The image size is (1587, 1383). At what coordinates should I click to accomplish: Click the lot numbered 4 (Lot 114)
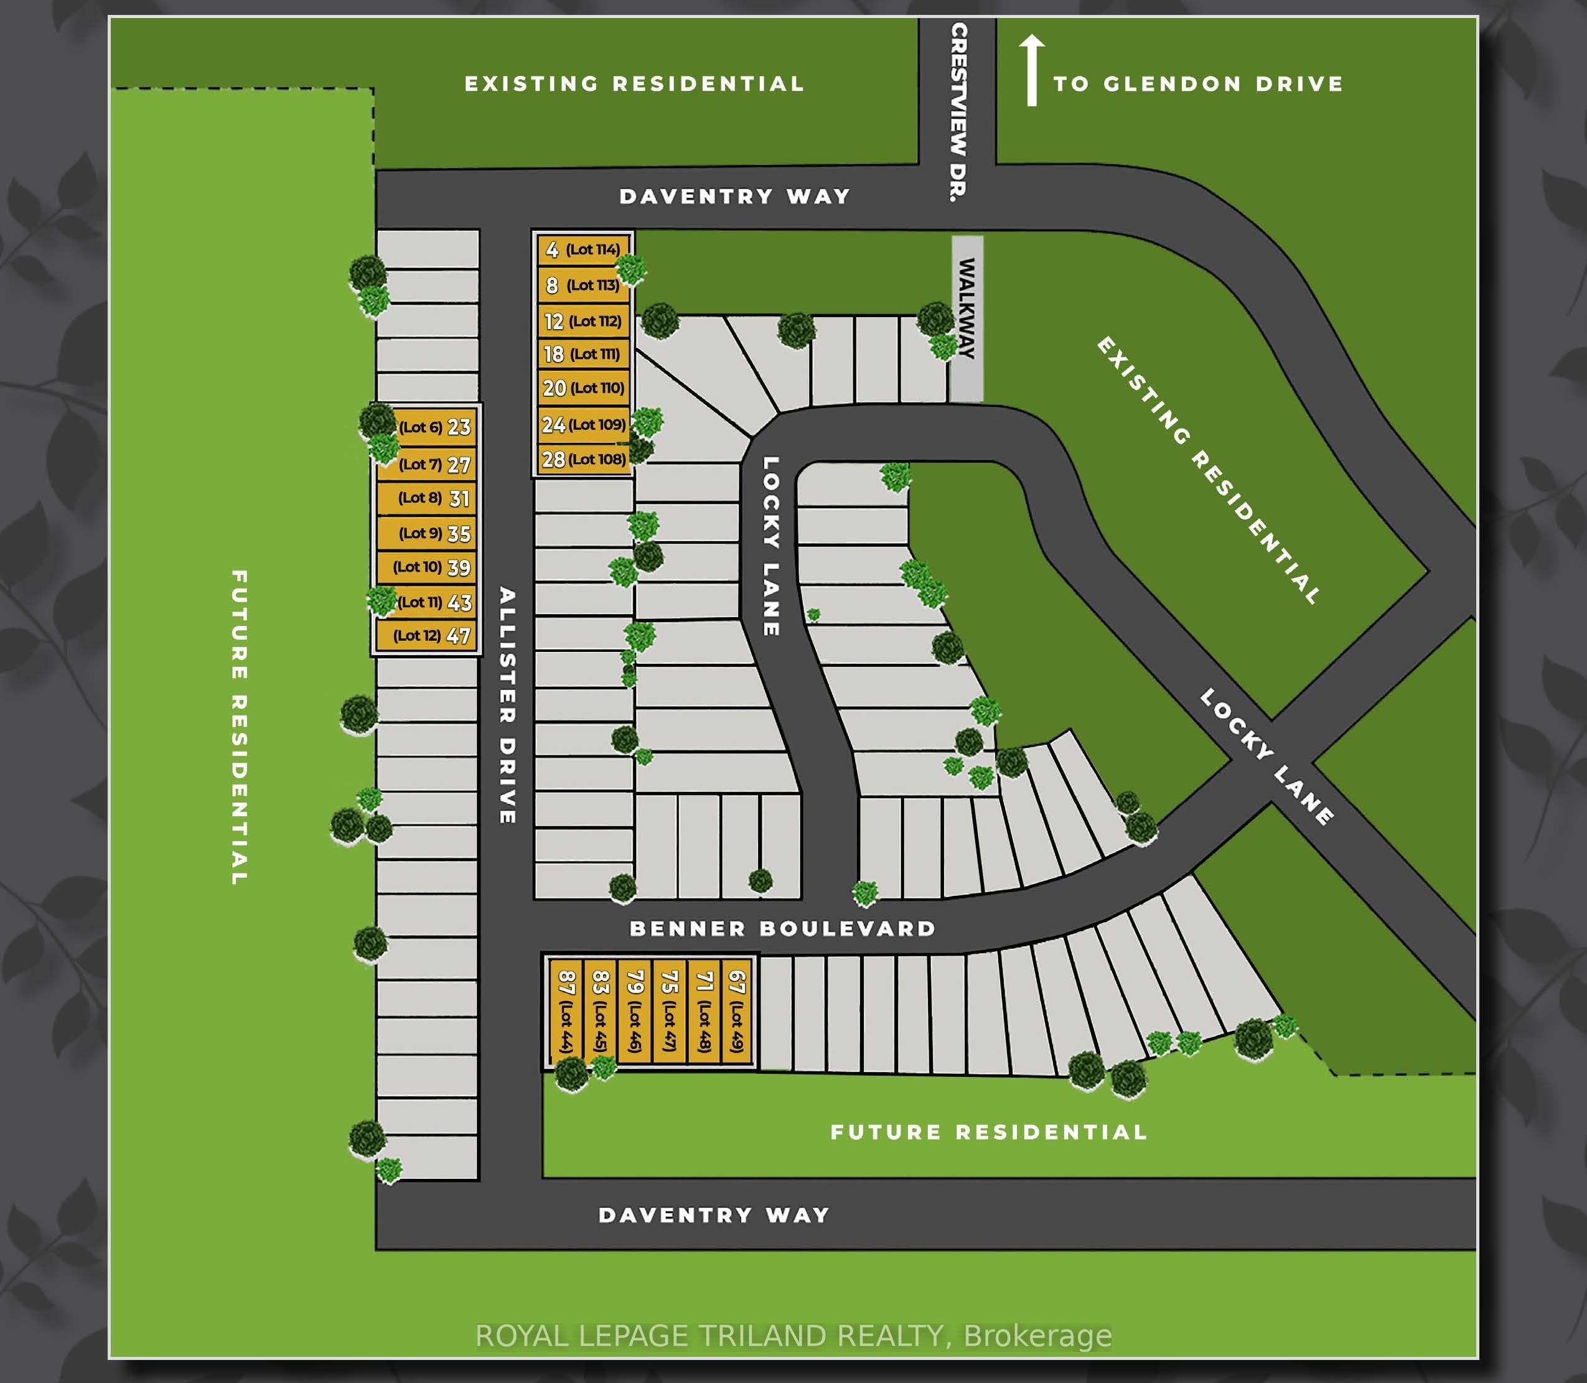point(584,249)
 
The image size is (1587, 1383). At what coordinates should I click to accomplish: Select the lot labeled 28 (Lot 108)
point(584,459)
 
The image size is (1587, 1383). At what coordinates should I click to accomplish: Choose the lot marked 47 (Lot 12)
point(426,636)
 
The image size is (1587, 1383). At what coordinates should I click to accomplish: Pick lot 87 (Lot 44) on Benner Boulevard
point(566,1011)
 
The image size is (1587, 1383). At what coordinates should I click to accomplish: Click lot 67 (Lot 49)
point(736,1011)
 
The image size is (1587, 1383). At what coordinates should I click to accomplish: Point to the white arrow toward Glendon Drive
point(1031,70)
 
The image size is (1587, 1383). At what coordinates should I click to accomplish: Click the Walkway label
point(967,308)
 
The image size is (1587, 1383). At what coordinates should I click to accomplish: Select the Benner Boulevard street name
point(783,928)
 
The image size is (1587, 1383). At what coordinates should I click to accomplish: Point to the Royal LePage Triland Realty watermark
point(793,1336)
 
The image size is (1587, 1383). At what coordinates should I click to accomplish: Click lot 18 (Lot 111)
point(584,354)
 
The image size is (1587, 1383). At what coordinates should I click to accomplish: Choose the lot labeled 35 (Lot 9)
point(426,533)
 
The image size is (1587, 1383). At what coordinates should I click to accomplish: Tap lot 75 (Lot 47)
point(669,1011)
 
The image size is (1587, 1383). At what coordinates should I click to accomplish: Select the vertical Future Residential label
point(239,727)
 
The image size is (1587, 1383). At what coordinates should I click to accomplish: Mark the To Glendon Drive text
point(1198,83)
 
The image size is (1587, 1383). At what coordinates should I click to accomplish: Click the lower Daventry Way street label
point(714,1215)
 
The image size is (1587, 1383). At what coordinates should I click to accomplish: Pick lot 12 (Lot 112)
point(584,321)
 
